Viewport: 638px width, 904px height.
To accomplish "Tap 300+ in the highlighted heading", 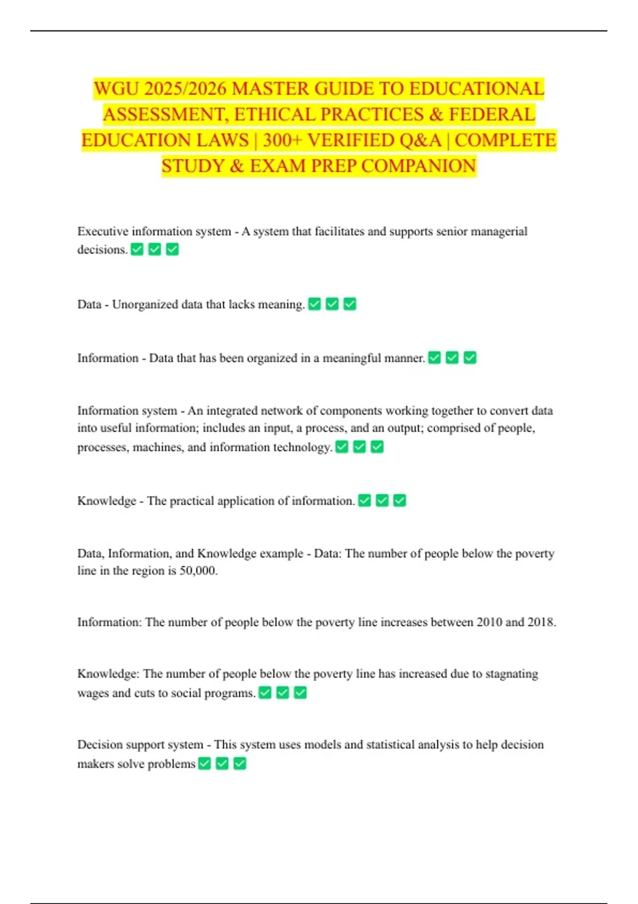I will point(282,140).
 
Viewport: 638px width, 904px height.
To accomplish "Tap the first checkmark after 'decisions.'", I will point(137,249).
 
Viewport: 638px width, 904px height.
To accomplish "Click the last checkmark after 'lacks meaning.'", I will point(350,304).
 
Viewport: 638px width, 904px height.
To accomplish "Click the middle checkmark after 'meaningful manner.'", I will point(452,358).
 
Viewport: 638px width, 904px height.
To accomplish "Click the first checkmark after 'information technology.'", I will point(342,447).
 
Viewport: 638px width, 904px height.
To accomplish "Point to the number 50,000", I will point(198,571).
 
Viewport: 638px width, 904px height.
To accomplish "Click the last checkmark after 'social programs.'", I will point(300,693).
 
